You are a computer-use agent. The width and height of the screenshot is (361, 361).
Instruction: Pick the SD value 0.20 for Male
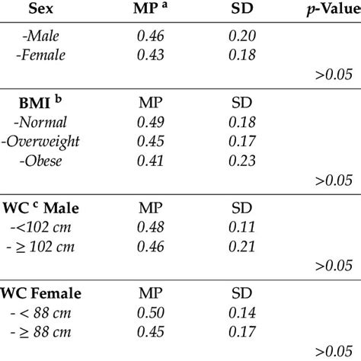pos(244,36)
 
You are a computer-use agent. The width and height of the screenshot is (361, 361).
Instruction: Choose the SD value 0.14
pos(244,312)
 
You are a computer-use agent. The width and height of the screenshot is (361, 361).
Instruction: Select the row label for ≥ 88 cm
pos(53,331)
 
